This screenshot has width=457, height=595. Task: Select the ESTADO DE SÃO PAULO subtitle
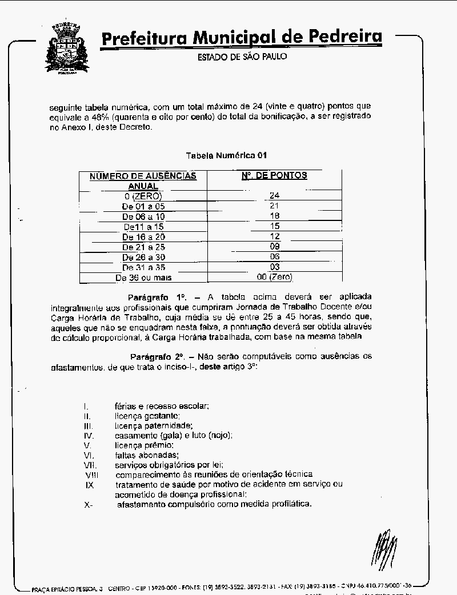tap(242, 57)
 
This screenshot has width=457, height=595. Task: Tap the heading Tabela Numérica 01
tap(227, 155)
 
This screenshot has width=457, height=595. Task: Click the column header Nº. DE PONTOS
tap(274, 176)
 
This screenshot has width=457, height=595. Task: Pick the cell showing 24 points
tap(274, 196)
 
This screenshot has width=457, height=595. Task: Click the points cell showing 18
tap(274, 216)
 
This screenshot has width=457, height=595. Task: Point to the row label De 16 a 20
tap(143, 237)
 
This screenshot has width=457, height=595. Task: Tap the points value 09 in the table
tap(275, 247)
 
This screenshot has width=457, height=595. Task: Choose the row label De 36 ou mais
tap(143, 278)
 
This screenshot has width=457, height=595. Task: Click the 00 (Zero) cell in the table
tap(274, 277)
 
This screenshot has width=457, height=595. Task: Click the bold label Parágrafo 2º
tap(158, 356)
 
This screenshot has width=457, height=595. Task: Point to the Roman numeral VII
tap(89, 465)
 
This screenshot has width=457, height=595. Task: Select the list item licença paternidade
tap(154, 426)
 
